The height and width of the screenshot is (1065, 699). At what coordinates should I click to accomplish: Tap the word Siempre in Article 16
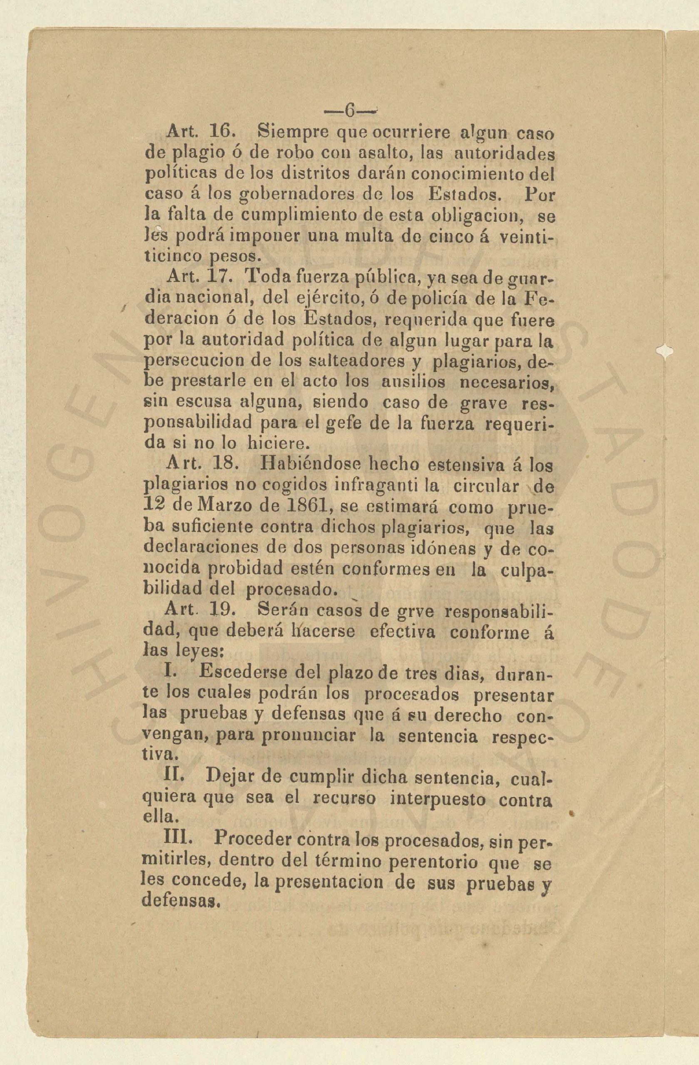pyautogui.click(x=292, y=132)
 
